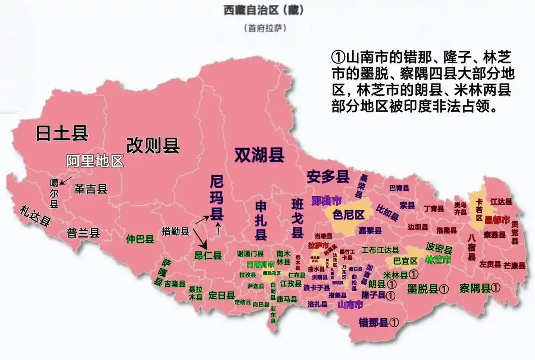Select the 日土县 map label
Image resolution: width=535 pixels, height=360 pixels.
[62, 133]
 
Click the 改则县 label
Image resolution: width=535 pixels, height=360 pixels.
[153, 145]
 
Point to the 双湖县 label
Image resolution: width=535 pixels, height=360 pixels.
[259, 155]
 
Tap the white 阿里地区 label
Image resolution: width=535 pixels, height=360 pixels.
[95, 161]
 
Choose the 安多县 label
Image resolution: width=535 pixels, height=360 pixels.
[328, 177]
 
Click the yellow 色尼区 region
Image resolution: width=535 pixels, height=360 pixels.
[348, 215]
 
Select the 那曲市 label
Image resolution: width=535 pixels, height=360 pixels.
[326, 200]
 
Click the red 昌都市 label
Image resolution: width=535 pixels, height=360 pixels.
[497, 220]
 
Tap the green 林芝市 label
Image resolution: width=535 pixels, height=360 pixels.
[438, 260]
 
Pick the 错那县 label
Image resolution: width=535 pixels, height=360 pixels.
[373, 322]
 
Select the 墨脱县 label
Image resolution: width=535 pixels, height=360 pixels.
[423, 289]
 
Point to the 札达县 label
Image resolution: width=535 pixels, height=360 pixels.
[34, 216]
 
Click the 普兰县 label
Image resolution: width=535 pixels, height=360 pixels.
[83, 233]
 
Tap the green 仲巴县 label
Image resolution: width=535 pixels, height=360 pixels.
[140, 239]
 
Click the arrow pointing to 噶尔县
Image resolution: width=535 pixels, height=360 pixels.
[66, 180]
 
